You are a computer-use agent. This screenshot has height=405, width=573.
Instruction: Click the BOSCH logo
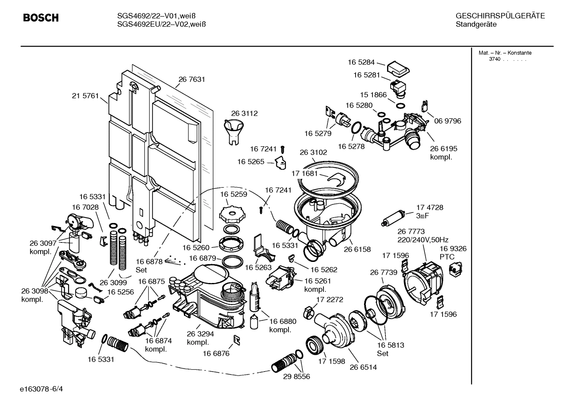click(41, 18)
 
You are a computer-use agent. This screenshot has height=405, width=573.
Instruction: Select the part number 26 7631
click(192, 79)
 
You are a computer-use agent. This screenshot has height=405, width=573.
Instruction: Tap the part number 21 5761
click(85, 96)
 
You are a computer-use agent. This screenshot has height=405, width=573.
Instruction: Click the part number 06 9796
click(448, 121)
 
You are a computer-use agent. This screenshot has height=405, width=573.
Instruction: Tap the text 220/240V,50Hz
click(423, 240)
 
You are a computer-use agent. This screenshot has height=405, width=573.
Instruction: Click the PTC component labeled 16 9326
click(453, 269)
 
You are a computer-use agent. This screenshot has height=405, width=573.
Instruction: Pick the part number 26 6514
click(363, 367)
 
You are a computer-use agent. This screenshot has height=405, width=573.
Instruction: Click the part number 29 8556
click(296, 376)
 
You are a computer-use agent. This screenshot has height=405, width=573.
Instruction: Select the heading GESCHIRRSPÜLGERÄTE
click(500, 16)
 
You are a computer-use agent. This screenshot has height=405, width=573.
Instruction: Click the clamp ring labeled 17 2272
click(308, 312)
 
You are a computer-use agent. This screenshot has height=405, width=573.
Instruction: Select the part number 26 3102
click(313, 152)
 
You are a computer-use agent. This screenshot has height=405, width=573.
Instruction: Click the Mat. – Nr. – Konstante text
click(505, 53)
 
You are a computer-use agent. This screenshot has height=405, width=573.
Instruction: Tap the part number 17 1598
click(331, 362)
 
